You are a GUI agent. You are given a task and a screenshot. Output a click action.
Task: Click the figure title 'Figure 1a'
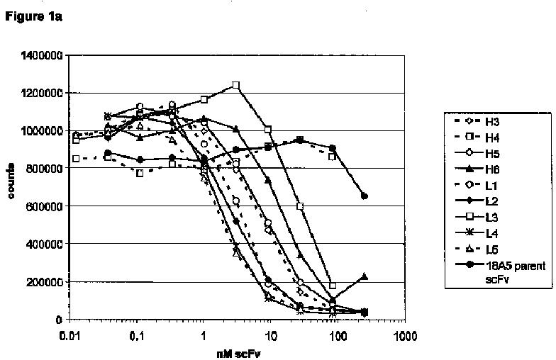point(34,17)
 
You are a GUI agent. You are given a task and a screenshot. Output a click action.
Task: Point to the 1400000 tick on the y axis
point(42,55)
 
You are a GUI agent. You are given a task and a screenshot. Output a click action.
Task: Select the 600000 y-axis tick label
point(45,206)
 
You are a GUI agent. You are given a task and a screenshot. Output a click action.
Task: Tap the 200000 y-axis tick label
point(45,282)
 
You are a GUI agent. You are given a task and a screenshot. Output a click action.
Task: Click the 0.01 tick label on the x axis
point(69,336)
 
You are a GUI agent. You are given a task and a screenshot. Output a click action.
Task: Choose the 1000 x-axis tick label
point(405,336)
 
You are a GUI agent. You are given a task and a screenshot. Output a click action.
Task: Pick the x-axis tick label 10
point(271,336)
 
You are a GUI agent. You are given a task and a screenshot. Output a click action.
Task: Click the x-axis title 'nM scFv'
point(238,354)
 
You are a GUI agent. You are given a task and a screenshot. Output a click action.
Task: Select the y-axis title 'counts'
point(11,181)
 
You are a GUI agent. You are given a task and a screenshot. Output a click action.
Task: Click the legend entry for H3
point(477,122)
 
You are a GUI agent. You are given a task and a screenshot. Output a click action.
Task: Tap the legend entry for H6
point(477,169)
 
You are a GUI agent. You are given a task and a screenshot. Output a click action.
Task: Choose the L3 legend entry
point(477,217)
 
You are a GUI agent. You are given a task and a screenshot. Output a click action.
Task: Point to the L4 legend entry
point(477,233)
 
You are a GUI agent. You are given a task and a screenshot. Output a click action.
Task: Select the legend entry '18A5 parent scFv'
point(500,272)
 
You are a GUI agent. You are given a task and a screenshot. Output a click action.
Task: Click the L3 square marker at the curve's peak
point(236,85)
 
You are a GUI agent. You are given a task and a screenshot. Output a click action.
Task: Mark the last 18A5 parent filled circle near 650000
point(365,196)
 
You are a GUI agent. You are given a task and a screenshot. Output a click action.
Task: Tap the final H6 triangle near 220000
point(365,276)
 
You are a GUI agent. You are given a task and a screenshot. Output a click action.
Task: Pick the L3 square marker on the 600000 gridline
point(301,206)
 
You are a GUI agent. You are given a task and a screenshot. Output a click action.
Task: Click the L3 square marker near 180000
point(332,285)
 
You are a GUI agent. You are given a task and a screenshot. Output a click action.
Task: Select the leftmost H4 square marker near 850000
point(75,159)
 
